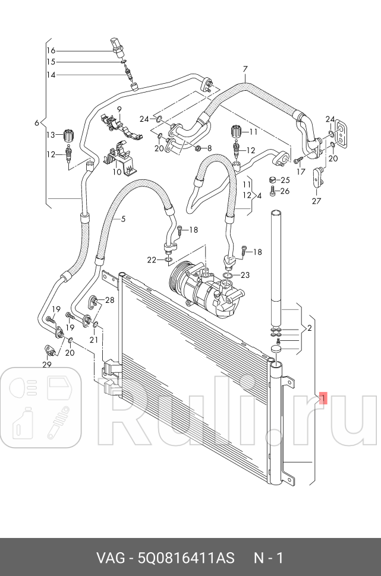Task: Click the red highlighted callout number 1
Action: [x=323, y=398]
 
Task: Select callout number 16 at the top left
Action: [x=51, y=50]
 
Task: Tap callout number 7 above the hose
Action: [x=244, y=69]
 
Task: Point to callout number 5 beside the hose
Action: [x=123, y=219]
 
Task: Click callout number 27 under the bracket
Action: [x=316, y=201]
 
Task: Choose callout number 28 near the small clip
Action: [x=109, y=300]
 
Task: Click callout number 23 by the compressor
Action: [x=245, y=275]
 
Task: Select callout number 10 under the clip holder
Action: [x=117, y=172]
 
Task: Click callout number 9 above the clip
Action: [x=119, y=109]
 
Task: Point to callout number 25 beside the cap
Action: [x=285, y=180]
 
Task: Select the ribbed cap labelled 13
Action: [x=67, y=134]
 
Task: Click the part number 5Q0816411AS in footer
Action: [x=185, y=558]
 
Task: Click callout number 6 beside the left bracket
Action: [x=37, y=123]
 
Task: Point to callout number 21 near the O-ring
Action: [x=93, y=340]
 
